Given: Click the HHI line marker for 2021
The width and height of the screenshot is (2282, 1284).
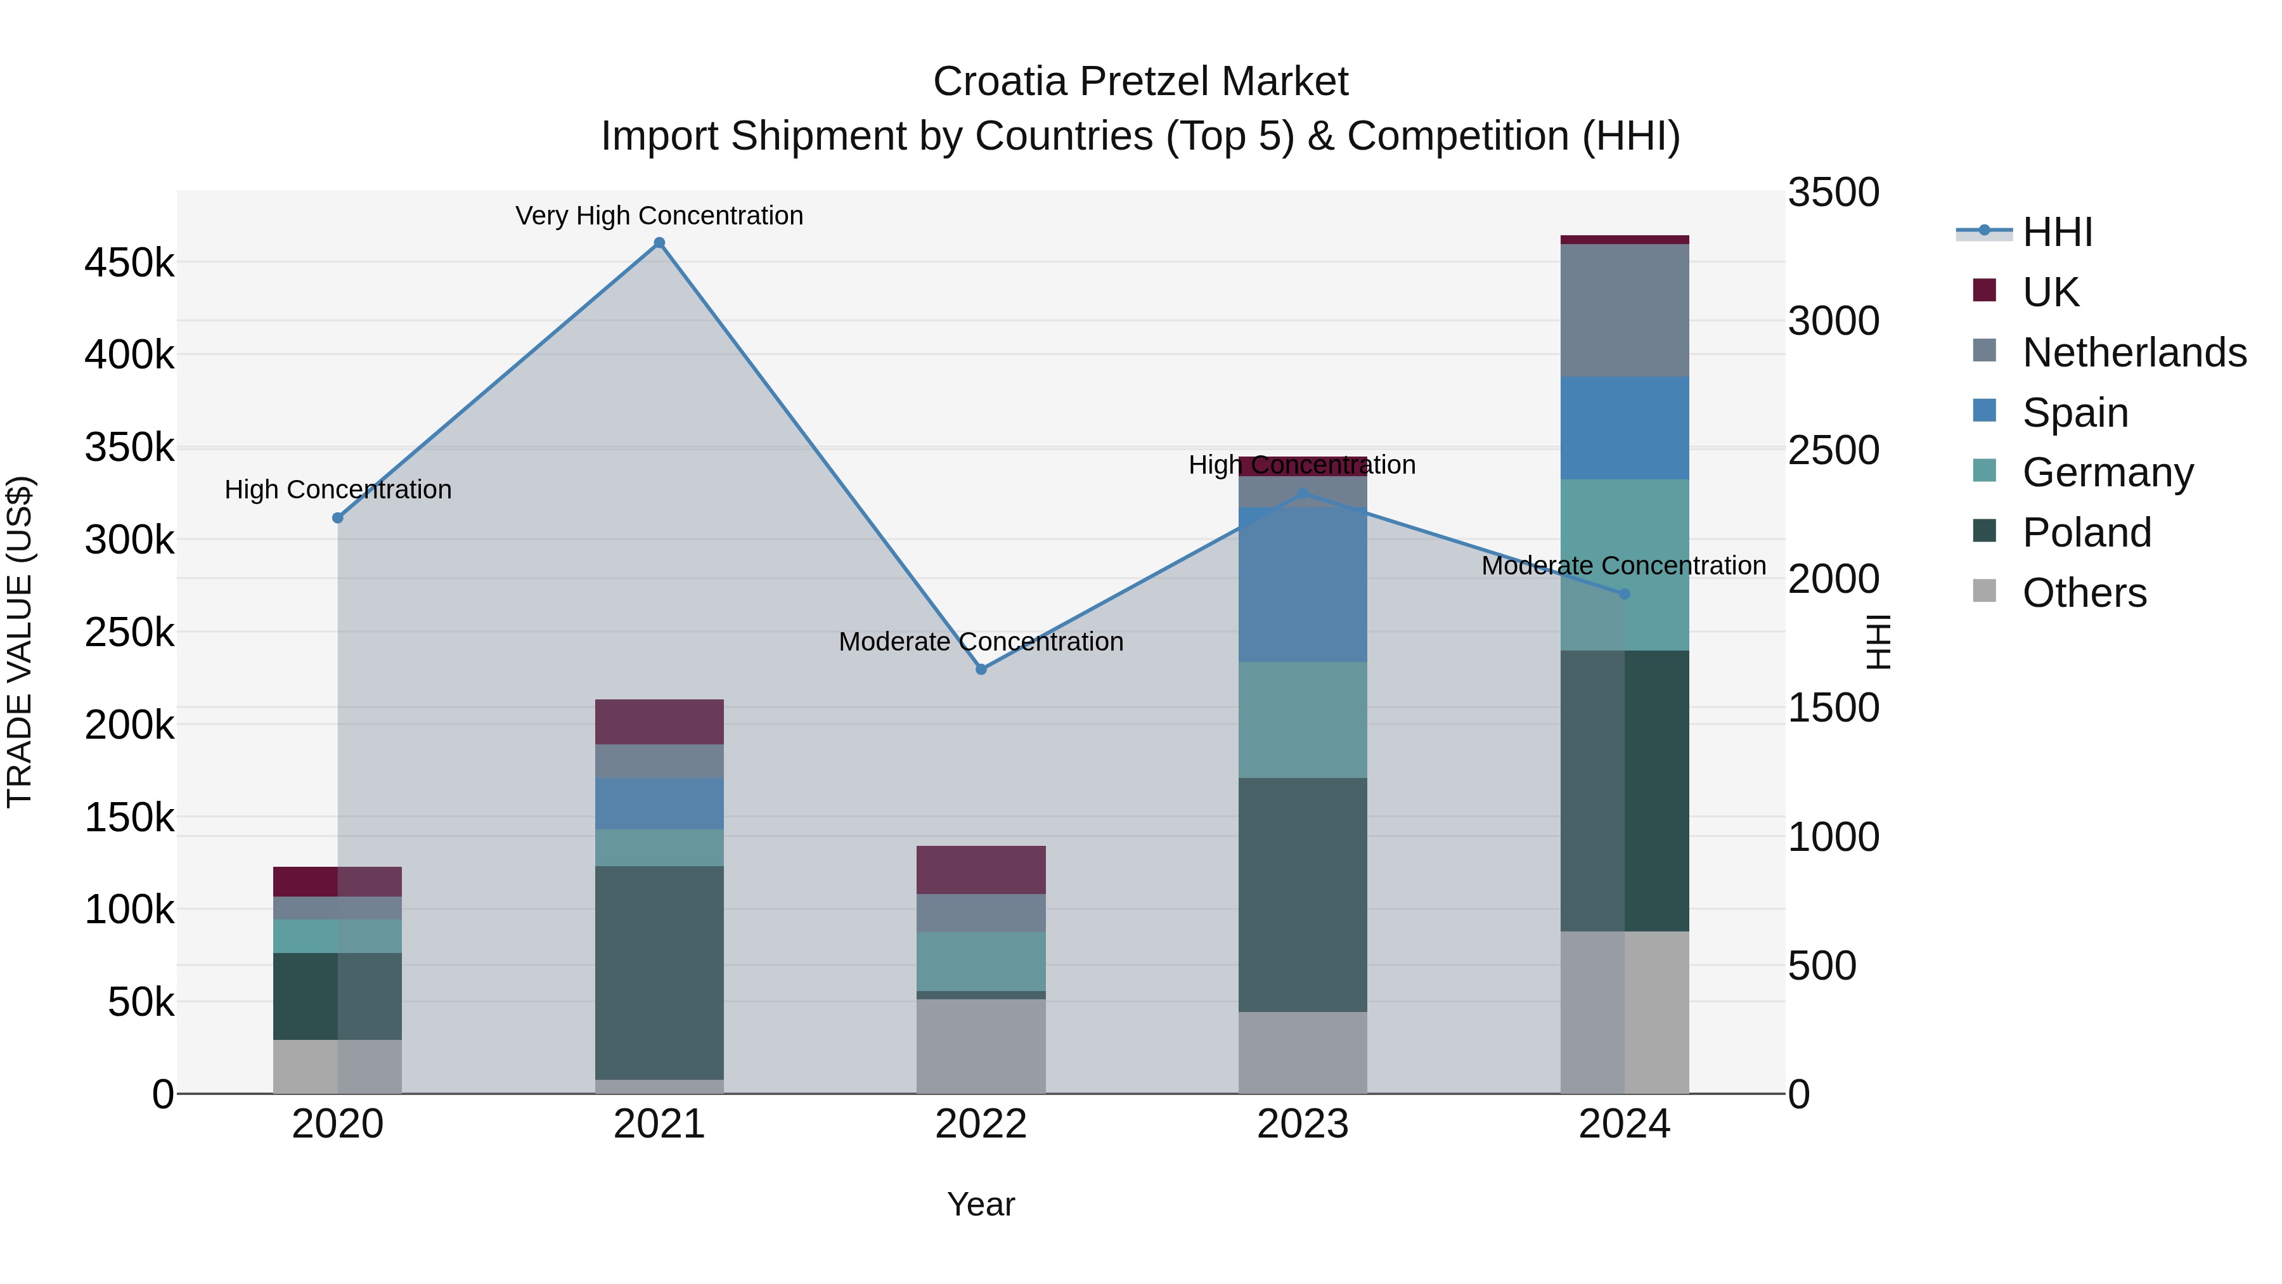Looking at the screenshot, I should tap(659, 243).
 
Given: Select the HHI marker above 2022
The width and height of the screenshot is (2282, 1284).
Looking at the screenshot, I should tap(981, 669).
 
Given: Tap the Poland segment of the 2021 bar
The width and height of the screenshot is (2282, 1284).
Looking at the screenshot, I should tap(659, 972).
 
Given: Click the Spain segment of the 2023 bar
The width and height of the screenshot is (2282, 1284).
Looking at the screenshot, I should tap(1302, 585).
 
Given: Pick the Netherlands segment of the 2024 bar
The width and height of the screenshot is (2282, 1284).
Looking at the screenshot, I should tap(1624, 310).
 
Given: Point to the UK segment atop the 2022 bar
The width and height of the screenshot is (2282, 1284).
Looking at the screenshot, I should tap(981, 869).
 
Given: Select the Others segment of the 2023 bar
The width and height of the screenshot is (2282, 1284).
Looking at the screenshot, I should tap(1302, 1052).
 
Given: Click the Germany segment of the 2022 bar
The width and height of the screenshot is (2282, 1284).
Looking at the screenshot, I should tap(981, 961).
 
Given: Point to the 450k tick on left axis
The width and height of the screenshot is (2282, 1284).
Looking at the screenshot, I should tap(129, 263).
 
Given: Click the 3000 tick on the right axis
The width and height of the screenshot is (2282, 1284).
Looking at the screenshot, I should tap(1833, 321).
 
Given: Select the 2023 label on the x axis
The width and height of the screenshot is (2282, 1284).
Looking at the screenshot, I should tap(1302, 1124).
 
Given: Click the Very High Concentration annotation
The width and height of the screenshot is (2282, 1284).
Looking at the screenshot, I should tap(659, 216).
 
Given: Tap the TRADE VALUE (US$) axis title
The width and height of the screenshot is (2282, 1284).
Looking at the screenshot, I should tap(20, 642).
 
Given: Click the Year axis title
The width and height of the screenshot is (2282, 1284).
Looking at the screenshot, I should tap(981, 1204).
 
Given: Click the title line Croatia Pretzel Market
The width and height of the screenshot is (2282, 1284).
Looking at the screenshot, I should tap(1140, 82).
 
